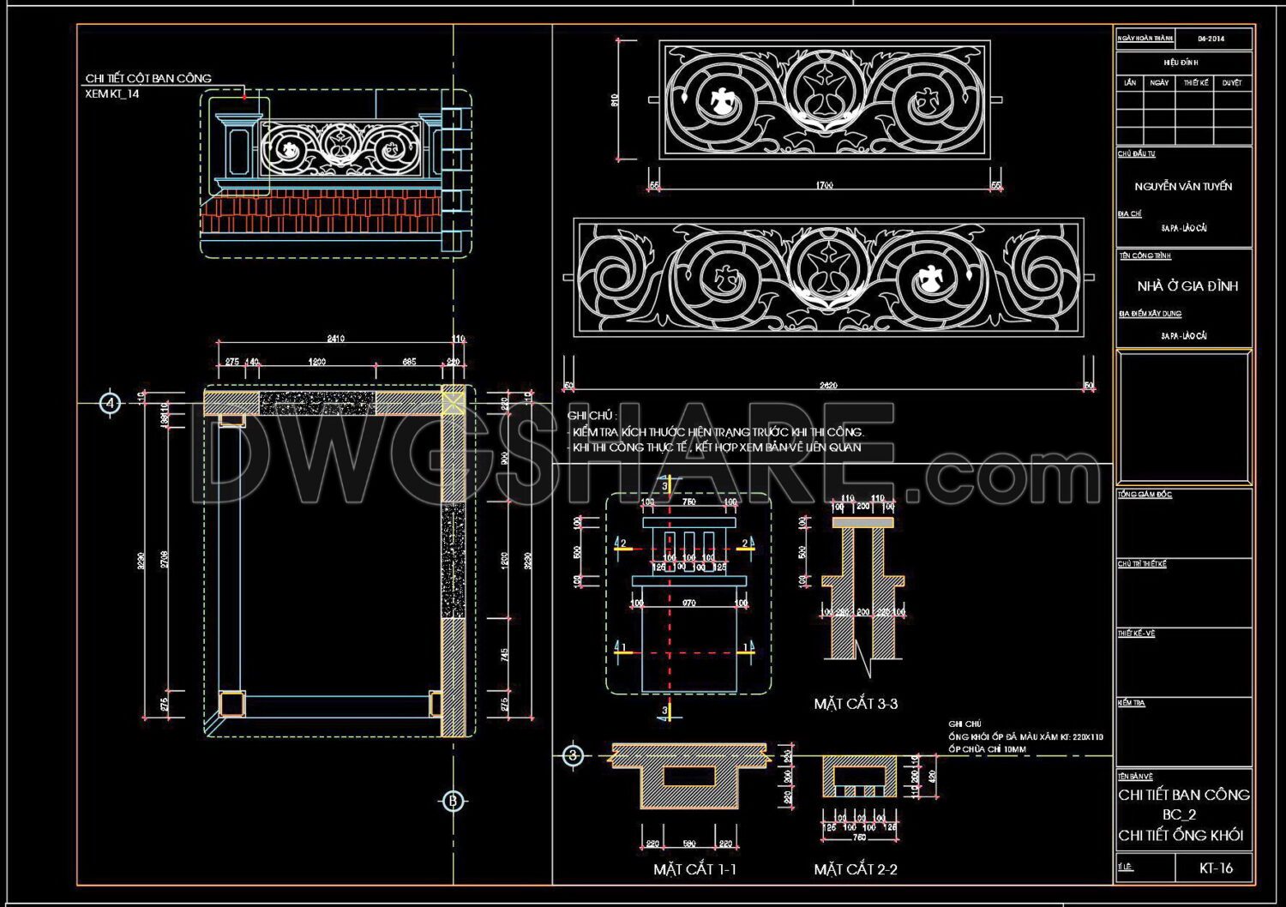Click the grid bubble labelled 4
point(110,402)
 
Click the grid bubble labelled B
point(453,801)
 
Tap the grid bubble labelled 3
point(573,755)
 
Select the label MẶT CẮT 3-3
point(855,704)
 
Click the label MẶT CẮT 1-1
point(694,869)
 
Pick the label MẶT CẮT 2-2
point(855,869)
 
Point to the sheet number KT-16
point(1216,868)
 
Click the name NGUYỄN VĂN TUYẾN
point(1183,186)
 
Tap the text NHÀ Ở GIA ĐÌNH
point(1187,285)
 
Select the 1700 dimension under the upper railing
point(824,185)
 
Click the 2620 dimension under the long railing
point(828,386)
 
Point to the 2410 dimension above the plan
point(336,339)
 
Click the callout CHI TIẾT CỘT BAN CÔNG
point(148,78)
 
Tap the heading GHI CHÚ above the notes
point(592,416)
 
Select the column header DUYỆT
point(1232,83)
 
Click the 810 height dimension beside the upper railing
point(615,100)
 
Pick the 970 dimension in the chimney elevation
point(688,604)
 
